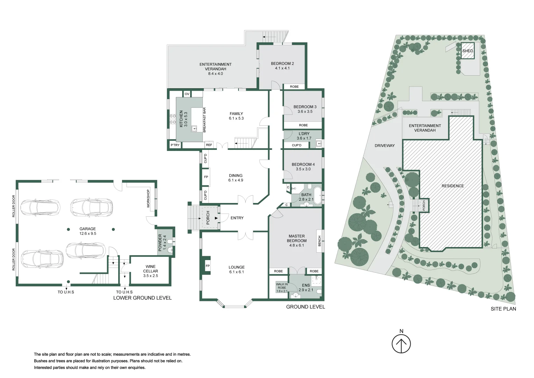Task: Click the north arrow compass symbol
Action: click(x=401, y=344)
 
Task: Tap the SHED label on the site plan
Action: click(x=468, y=51)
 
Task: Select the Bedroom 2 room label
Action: click(x=282, y=66)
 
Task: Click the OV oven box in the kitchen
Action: click(x=187, y=94)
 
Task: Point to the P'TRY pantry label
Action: click(x=175, y=145)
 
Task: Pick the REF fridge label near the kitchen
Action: click(x=209, y=145)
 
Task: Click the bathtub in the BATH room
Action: click(x=317, y=196)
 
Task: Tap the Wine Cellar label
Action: click(x=150, y=271)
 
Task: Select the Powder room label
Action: click(x=162, y=243)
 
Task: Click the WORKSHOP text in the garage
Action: click(x=148, y=198)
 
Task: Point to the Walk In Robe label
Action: click(x=282, y=288)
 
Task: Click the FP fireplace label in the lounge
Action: click(x=208, y=266)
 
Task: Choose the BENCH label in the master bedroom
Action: click(x=319, y=241)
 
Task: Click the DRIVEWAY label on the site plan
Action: click(x=385, y=146)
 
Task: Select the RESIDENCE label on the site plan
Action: click(x=453, y=186)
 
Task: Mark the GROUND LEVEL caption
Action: click(x=305, y=307)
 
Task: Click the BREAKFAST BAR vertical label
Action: click(x=204, y=120)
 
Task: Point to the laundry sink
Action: click(x=319, y=143)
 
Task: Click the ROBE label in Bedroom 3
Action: click(x=303, y=125)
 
